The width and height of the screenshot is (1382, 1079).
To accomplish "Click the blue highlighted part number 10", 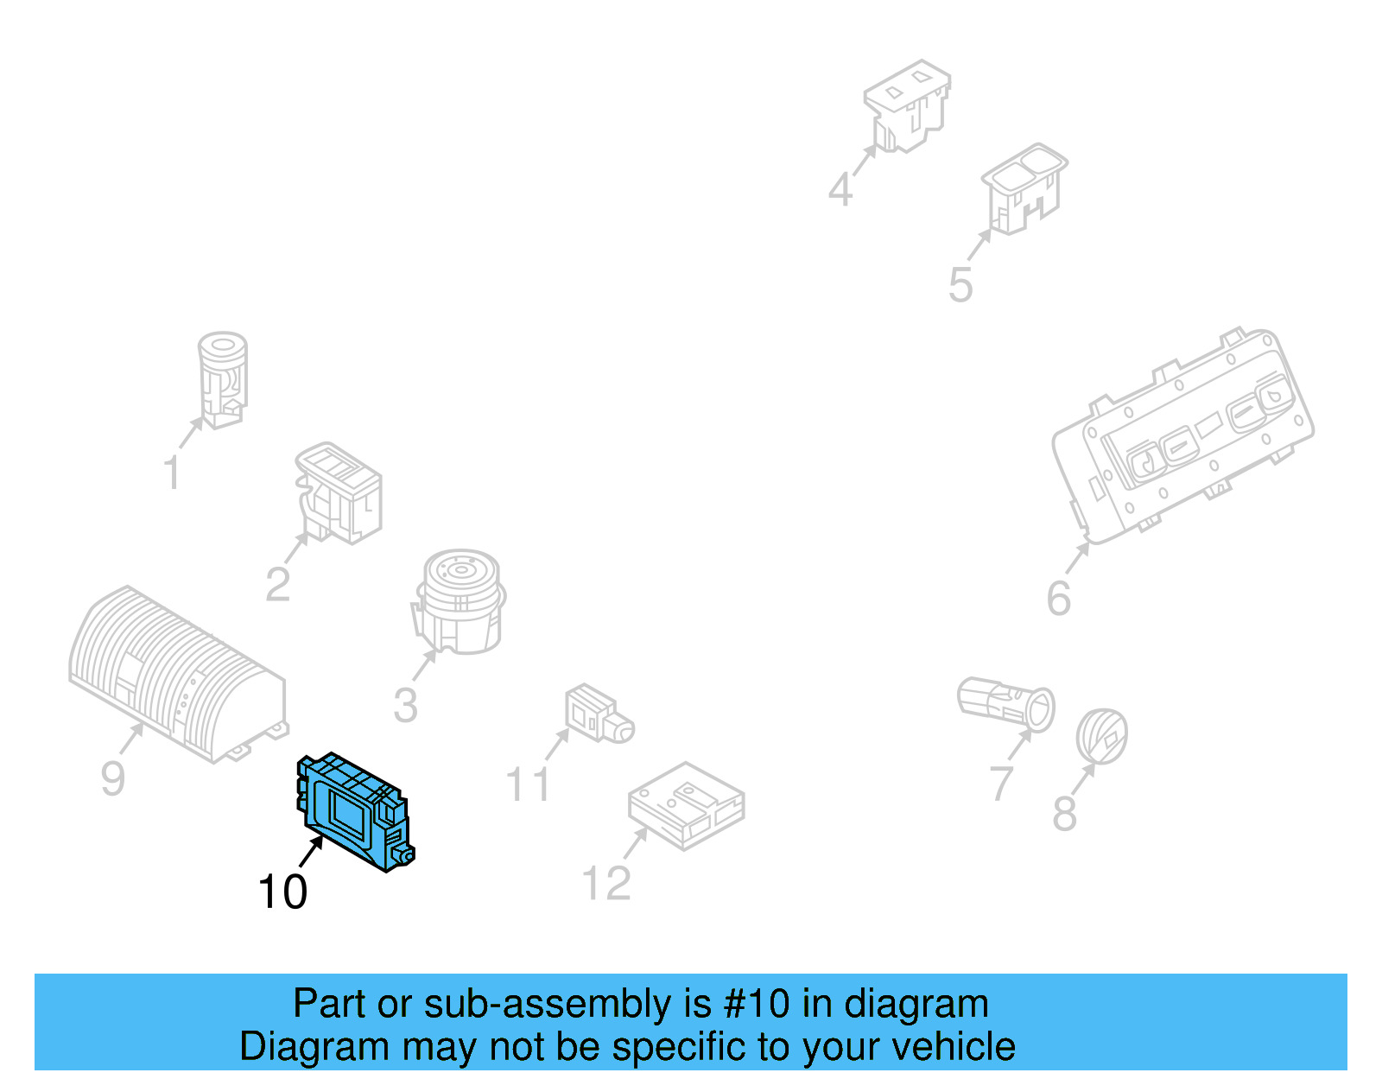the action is pyautogui.click(x=354, y=812).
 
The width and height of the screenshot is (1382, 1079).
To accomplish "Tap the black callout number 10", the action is pyautogui.click(x=282, y=892).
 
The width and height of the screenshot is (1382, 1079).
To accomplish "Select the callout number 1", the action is pyautogui.click(x=173, y=473).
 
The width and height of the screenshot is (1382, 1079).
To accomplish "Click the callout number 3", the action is pyautogui.click(x=405, y=705).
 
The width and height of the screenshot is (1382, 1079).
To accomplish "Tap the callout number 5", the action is pyautogui.click(x=960, y=284).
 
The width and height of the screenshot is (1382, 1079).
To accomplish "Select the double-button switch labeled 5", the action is pyautogui.click(x=1024, y=187).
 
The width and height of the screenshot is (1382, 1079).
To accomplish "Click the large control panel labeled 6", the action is pyautogui.click(x=1183, y=436).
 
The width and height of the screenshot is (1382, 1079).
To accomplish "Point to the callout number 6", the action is pyautogui.click(x=1058, y=598).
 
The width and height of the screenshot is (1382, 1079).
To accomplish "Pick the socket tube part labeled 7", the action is pyautogui.click(x=1006, y=701).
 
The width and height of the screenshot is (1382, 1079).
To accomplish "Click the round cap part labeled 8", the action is pyautogui.click(x=1101, y=736).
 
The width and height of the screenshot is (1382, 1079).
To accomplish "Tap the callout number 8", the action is pyautogui.click(x=1064, y=814).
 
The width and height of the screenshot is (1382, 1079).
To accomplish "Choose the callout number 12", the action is pyautogui.click(x=606, y=883).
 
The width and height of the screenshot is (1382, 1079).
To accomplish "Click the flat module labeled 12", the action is pyautogui.click(x=687, y=805).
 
